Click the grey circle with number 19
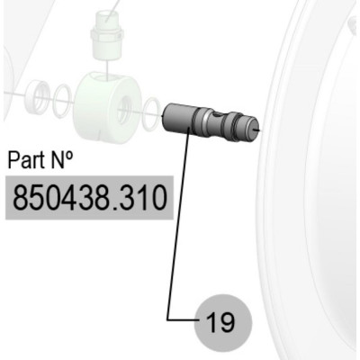click(x=223, y=323)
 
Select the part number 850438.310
click(x=89, y=198)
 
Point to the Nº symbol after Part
click(x=62, y=159)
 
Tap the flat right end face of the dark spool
click(x=254, y=129)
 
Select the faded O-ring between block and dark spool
click(x=151, y=113)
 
